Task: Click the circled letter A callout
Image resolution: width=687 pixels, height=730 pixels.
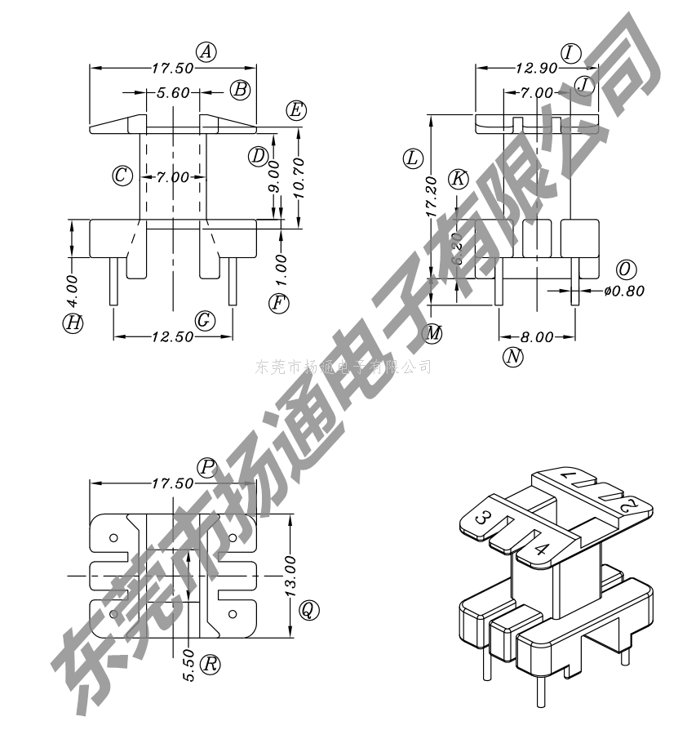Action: click(207, 52)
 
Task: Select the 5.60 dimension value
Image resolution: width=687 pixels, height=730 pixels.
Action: click(173, 93)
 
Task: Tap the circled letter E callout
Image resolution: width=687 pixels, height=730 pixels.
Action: click(295, 110)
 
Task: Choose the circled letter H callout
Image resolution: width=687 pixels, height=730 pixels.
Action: click(73, 323)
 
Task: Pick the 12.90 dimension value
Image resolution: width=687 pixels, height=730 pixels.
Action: click(536, 69)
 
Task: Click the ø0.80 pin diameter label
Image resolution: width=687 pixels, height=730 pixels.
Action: click(624, 290)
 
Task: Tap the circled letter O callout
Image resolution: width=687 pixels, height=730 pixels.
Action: click(626, 269)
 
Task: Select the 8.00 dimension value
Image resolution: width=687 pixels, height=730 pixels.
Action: click(536, 336)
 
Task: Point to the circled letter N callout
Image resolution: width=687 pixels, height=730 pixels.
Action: click(512, 356)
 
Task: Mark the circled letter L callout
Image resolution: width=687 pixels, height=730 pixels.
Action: click(414, 158)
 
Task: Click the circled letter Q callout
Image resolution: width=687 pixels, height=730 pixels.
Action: click(308, 609)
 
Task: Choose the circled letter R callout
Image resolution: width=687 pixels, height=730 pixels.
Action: click(211, 664)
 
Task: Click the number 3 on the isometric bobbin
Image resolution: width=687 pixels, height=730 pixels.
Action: click(483, 518)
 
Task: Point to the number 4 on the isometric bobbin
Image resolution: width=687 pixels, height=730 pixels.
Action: click(540, 549)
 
